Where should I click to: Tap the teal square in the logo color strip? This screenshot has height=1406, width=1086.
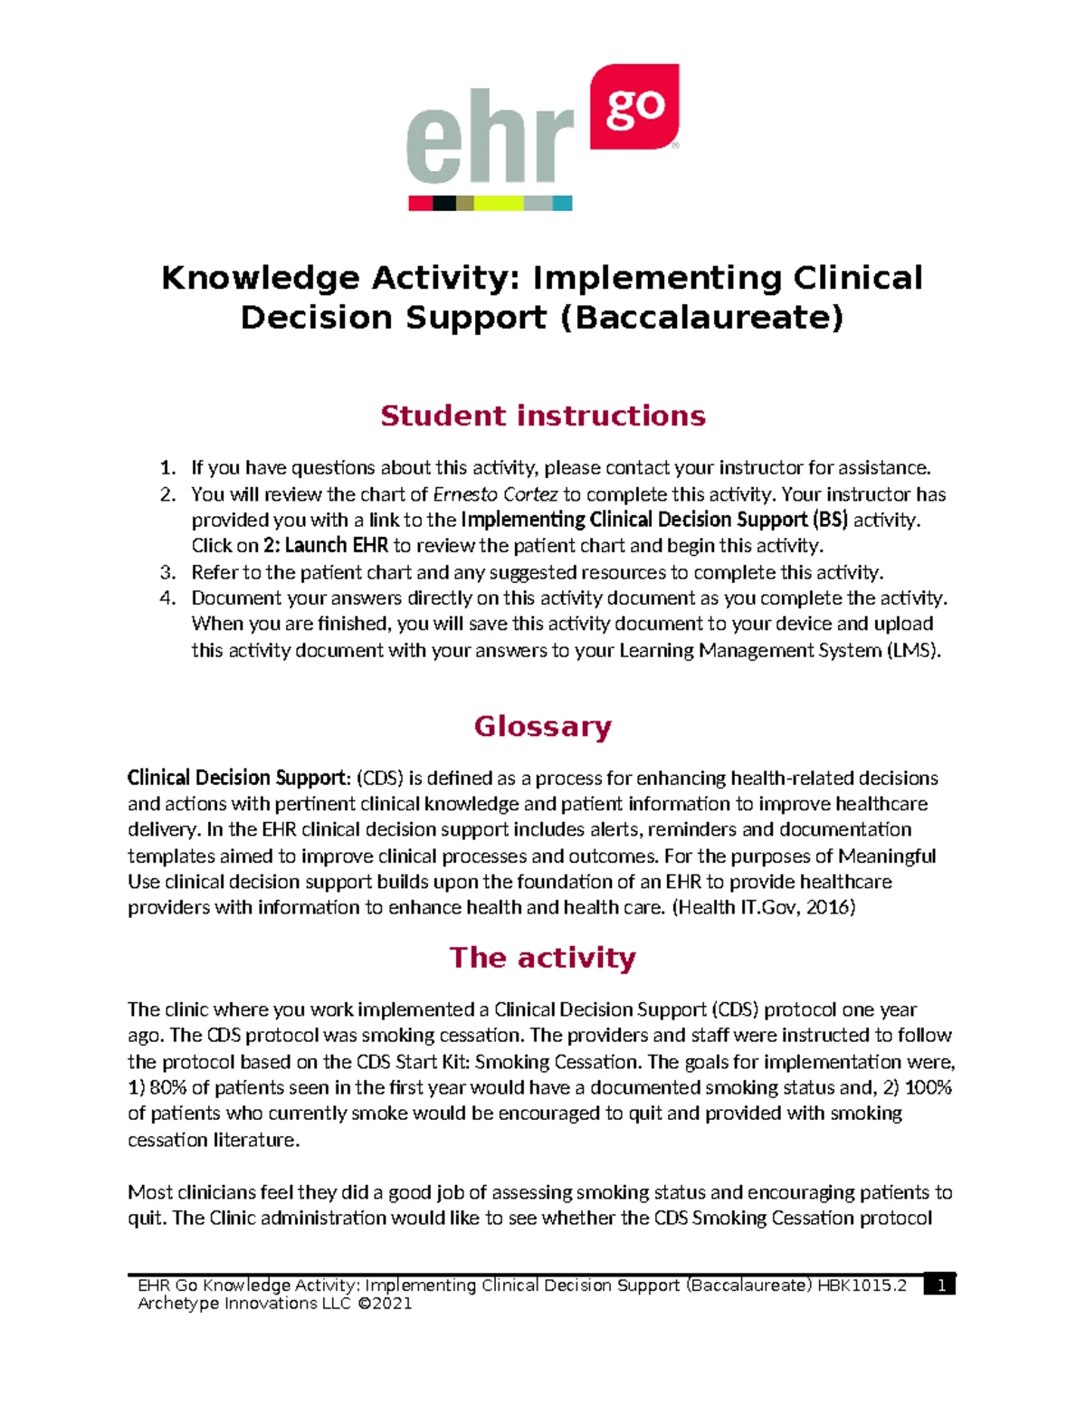562,204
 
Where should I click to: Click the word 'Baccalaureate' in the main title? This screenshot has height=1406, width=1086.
700,318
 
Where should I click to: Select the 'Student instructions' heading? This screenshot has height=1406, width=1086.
542,416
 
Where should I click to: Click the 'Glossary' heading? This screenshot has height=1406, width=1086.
542,726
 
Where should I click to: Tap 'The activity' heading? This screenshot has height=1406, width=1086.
542,958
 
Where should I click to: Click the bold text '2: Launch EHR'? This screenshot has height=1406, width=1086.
326,546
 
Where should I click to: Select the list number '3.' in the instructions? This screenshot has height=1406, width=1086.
167,572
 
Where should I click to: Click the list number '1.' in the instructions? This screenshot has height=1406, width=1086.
167,468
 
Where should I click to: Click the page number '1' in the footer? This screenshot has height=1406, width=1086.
941,1286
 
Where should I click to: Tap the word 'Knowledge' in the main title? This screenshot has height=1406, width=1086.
260,278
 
